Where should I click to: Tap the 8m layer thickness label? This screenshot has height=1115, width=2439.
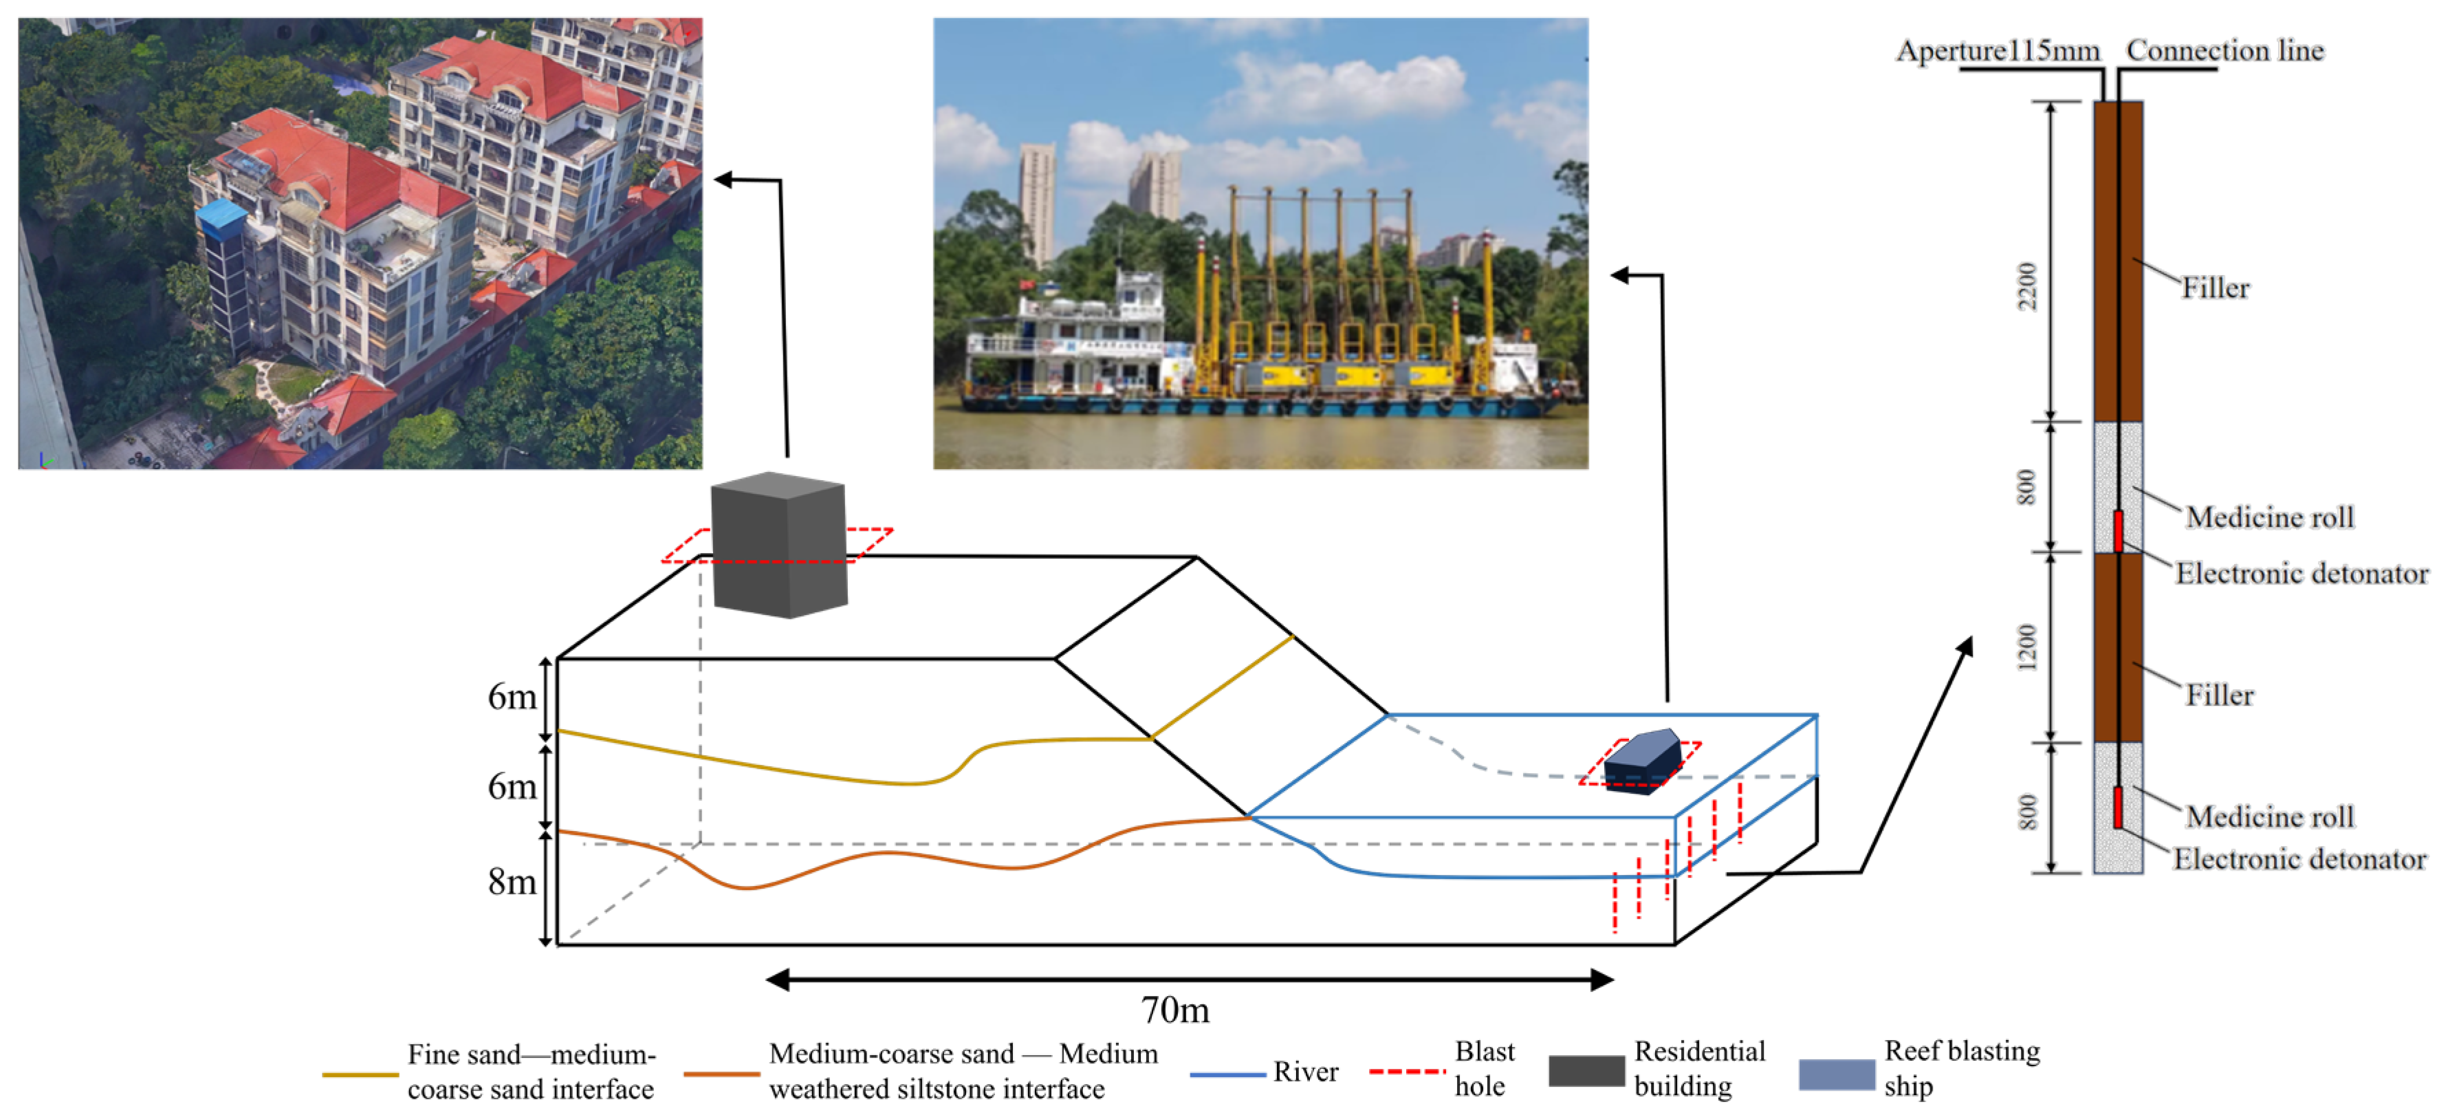(512, 882)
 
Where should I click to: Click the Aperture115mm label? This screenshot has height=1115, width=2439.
(1997, 50)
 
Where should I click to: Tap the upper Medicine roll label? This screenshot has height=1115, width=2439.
(2270, 517)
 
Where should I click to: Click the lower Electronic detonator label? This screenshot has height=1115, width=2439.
(2299, 859)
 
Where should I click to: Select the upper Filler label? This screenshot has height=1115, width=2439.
(2216, 288)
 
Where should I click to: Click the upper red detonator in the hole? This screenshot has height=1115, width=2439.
(2118, 530)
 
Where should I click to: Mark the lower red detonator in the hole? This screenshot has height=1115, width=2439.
(2118, 807)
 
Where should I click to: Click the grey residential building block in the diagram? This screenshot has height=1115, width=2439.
(779, 545)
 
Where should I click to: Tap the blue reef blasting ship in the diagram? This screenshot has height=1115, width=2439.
(1642, 761)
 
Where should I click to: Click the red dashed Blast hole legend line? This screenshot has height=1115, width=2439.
(1407, 1072)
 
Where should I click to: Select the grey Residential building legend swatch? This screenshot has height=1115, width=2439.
(1586, 1072)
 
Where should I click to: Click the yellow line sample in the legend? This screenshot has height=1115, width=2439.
(360, 1074)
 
